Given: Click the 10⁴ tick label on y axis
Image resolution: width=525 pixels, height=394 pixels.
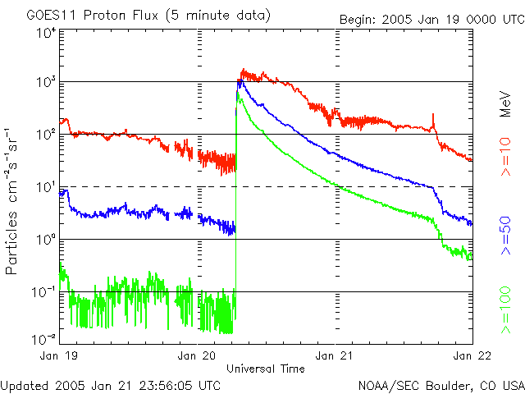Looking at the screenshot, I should point(46,34).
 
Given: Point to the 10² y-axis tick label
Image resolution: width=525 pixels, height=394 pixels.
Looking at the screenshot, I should point(46,135).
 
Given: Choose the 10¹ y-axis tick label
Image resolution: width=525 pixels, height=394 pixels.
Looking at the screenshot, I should point(46,187).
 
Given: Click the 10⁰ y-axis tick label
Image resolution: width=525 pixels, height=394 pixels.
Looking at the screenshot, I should point(46,240).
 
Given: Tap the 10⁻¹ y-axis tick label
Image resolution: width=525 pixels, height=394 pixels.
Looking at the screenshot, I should point(44,292).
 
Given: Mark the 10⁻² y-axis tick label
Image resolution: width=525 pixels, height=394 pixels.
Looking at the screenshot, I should point(44,337).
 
